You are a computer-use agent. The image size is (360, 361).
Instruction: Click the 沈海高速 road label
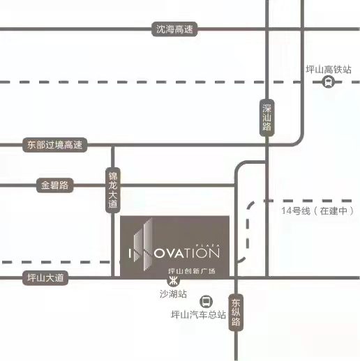[x=174, y=29]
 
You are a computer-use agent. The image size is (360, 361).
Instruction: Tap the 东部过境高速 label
[x=55, y=145]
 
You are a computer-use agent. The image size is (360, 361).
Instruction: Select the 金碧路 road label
[x=55, y=185]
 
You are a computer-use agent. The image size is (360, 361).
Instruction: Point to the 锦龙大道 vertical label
[x=113, y=190]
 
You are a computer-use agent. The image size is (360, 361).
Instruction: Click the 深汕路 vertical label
[x=267, y=118]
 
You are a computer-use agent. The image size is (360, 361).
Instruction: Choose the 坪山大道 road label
[x=45, y=278]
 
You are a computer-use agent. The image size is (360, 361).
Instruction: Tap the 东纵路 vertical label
[x=236, y=312]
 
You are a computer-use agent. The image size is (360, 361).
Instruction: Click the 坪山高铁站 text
[x=329, y=70]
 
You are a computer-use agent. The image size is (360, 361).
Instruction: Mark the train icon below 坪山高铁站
[x=328, y=82]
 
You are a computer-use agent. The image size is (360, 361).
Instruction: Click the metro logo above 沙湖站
[x=174, y=281]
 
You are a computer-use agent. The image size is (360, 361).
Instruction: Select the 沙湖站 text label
[x=173, y=294]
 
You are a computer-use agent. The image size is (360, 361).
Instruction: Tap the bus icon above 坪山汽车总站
[x=206, y=302]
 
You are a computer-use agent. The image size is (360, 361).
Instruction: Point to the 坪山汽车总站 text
[x=198, y=315]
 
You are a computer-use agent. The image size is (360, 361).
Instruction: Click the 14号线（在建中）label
[x=317, y=211]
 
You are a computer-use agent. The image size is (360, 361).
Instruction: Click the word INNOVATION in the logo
[x=174, y=253]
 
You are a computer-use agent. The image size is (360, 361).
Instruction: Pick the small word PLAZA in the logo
[x=208, y=245]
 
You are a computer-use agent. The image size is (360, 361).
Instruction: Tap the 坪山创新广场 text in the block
[x=192, y=271]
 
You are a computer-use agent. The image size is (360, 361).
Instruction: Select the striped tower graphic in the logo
[x=143, y=244]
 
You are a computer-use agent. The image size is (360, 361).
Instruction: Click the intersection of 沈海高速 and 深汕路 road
[x=267, y=29]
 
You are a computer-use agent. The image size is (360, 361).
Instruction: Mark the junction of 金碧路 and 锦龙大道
[x=113, y=185]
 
